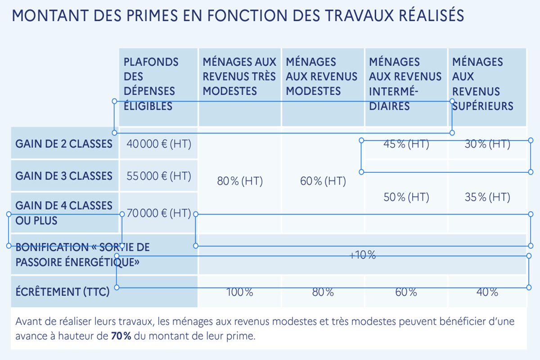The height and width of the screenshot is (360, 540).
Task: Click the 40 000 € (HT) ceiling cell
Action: coord(159,144)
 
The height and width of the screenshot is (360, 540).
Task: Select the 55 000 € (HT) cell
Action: coord(159,176)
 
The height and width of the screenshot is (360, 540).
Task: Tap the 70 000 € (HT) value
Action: coord(159,213)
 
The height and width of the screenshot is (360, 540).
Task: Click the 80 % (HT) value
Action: coord(240,181)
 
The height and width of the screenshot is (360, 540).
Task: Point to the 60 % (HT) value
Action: coord(323,181)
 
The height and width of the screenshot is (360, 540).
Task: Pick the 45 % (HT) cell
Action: coord(406,144)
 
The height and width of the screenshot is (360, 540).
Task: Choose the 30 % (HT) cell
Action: coord(487,144)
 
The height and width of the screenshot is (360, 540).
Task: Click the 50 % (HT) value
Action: coord(406,197)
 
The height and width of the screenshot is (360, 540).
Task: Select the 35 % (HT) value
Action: coord(487,197)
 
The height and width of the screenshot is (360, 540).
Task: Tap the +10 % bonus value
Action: coord(363,255)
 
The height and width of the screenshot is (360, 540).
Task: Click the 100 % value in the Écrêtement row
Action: coord(240,292)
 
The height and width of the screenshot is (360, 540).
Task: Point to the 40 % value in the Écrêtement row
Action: coord(487,292)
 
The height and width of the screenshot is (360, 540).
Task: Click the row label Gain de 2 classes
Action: coord(64,144)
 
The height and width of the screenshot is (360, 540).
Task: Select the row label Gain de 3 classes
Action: coord(64,176)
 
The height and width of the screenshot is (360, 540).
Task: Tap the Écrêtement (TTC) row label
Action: coord(63,292)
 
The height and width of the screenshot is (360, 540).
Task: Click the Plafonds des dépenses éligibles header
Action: coord(151,84)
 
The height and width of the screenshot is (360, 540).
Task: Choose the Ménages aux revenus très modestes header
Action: coord(239,76)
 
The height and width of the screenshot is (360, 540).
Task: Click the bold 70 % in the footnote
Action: coord(121,336)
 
